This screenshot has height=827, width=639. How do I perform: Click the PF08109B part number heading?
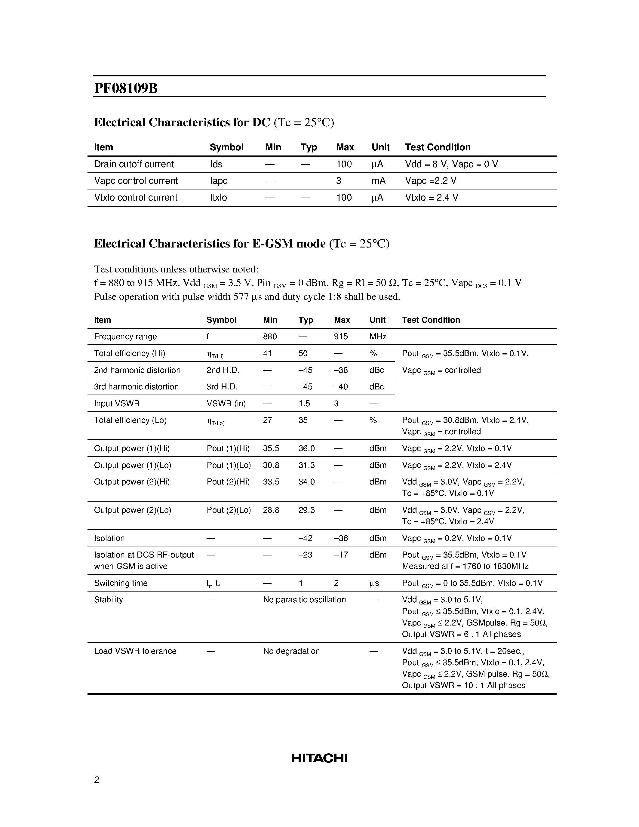pos(126,88)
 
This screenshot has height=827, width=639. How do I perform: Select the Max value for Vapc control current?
pos(339,181)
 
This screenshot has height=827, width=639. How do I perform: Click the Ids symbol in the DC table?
pos(216,164)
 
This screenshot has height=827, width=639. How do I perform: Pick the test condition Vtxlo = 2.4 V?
pos(432,198)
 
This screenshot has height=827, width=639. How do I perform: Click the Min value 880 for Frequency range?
pos(270,337)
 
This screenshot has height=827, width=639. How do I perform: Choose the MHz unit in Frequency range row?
pos(378,337)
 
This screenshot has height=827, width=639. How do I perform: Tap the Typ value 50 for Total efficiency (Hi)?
pos(303,353)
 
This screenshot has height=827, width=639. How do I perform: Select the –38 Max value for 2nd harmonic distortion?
pos(341,370)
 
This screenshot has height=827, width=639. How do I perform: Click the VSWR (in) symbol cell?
pos(226,404)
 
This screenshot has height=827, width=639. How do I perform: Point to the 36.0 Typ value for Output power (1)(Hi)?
pos(306,449)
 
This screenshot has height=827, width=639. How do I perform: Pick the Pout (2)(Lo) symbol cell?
pos(229,510)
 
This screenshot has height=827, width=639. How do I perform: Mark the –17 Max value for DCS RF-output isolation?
pos(341,555)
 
